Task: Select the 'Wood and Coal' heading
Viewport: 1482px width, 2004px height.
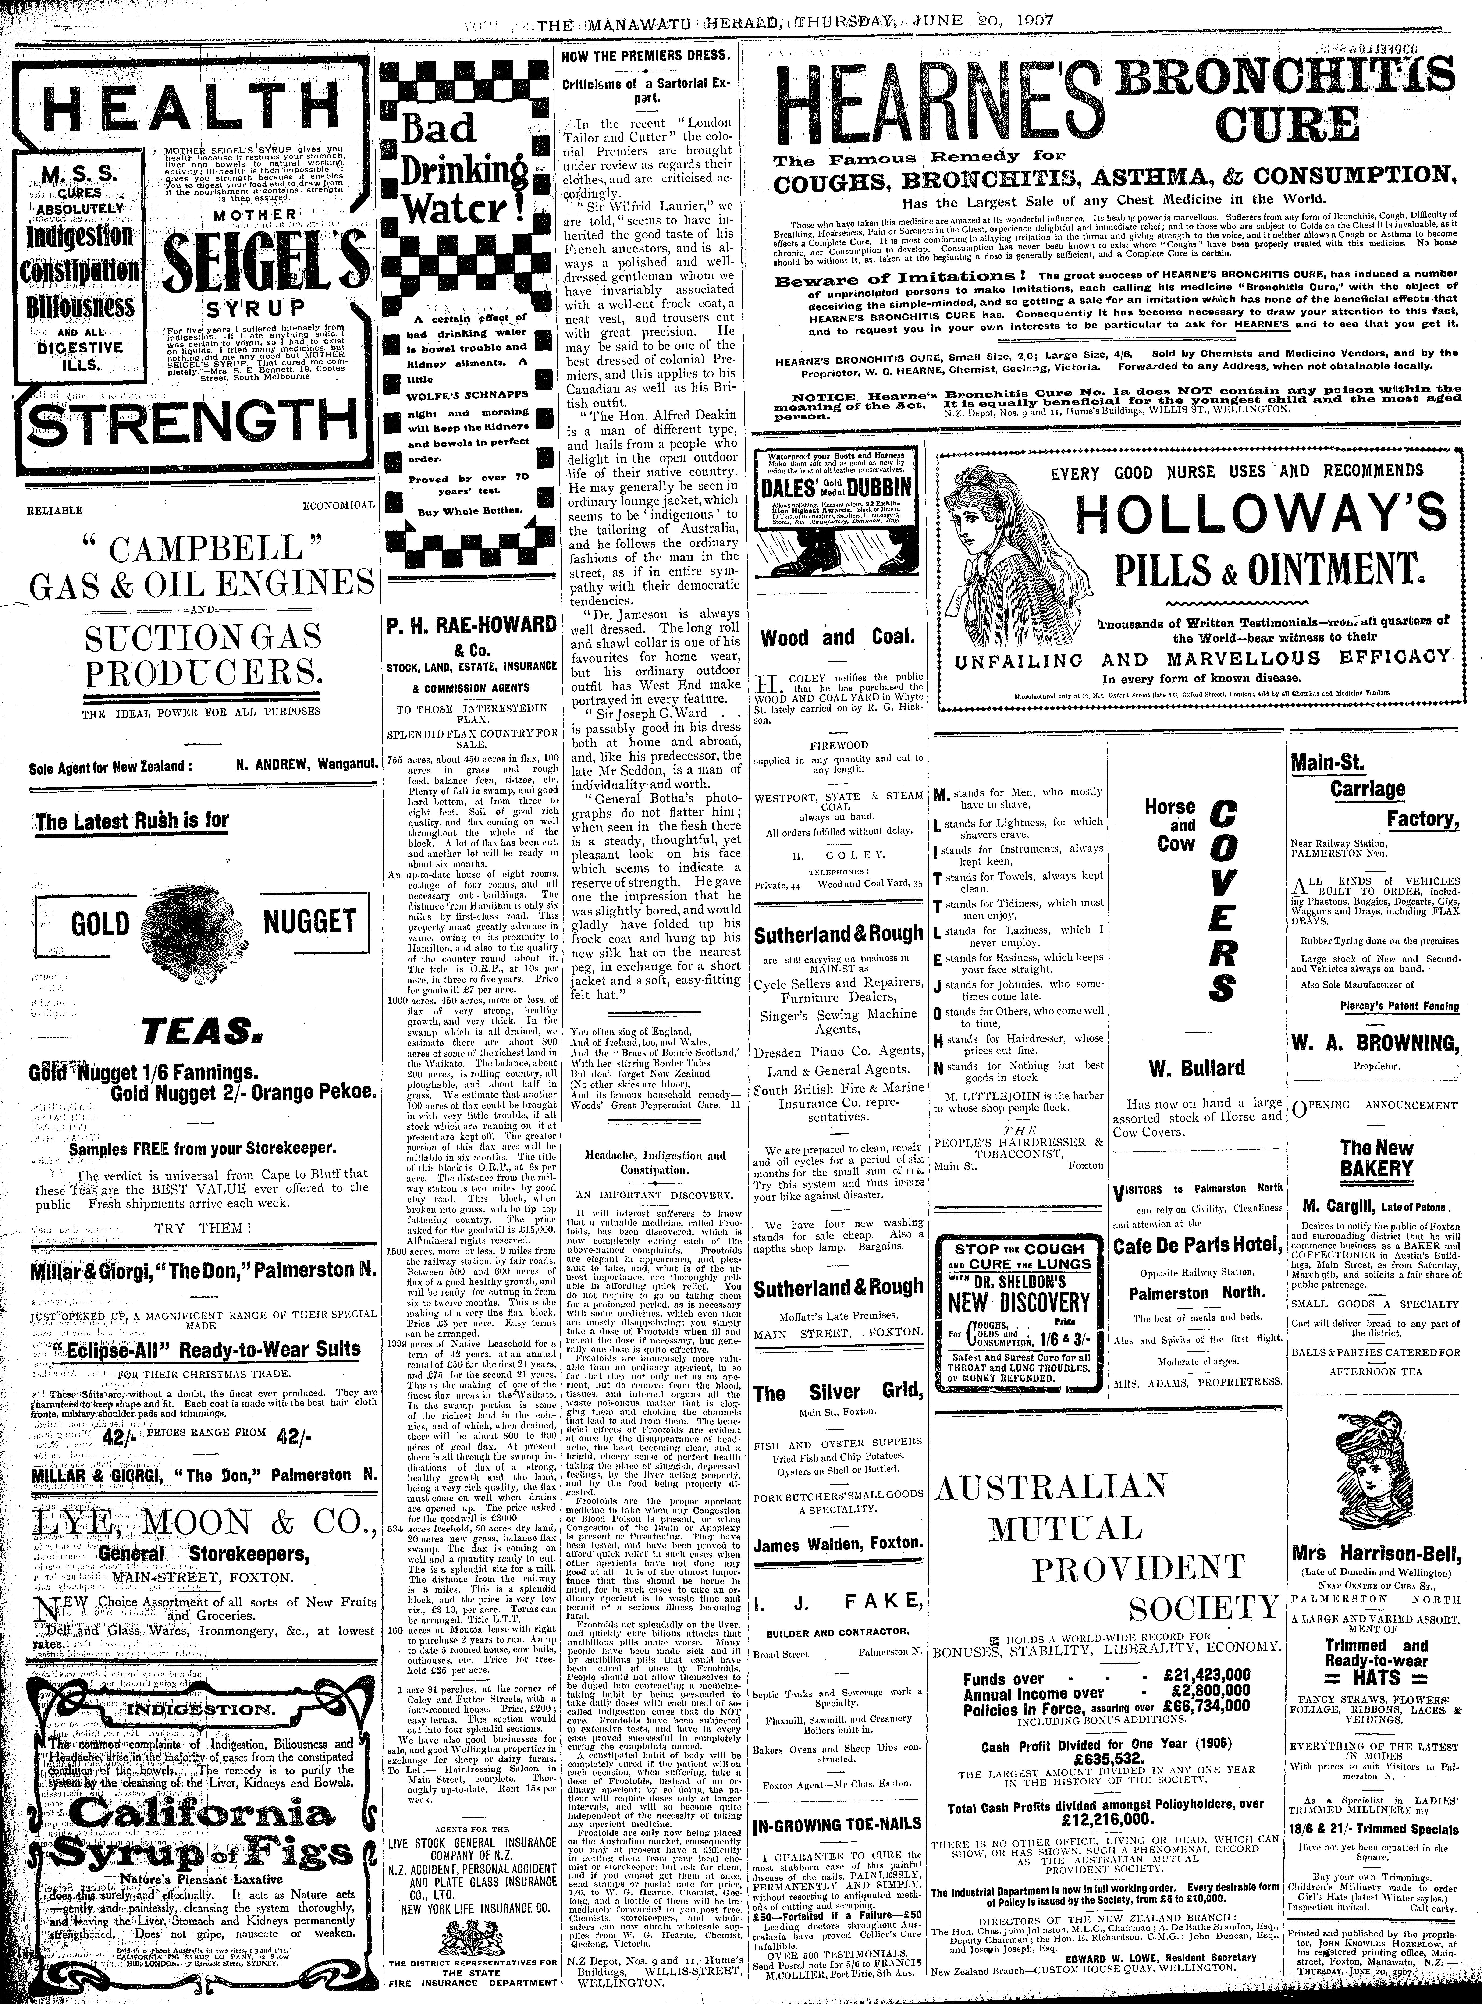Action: tap(837, 638)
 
